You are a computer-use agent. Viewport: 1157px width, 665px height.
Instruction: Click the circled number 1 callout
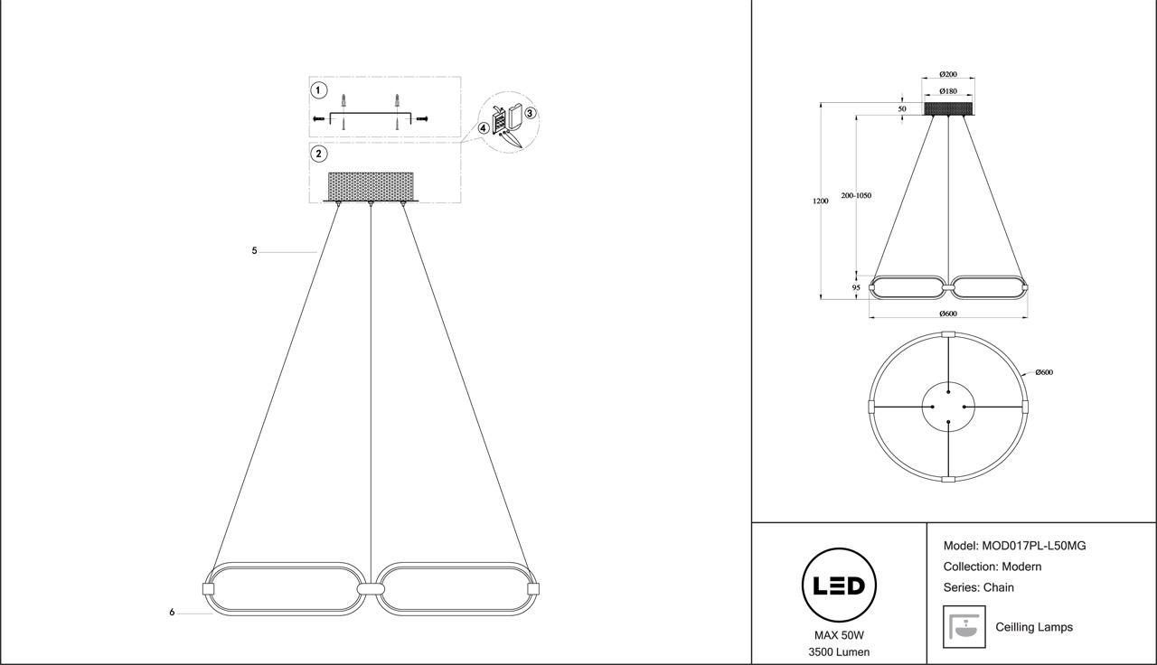point(318,90)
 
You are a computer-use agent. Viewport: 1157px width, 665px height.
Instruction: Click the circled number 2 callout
point(318,154)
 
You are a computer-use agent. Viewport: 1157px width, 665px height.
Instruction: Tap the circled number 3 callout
point(531,113)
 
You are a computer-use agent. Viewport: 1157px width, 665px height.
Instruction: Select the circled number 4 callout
point(484,128)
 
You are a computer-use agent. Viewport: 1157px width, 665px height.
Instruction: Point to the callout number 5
point(255,250)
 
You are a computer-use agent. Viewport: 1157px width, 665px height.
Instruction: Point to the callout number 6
point(172,613)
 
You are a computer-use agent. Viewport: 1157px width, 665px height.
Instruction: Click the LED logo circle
point(839,585)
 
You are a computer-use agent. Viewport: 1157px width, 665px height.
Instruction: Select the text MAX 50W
point(839,635)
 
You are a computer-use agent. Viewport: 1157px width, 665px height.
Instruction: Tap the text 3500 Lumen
point(839,652)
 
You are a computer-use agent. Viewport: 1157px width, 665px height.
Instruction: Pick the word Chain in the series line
point(999,587)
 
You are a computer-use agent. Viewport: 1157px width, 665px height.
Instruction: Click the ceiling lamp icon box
point(964,626)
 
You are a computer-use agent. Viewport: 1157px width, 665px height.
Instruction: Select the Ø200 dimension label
point(948,74)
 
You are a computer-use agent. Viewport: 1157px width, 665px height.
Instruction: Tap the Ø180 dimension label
point(948,91)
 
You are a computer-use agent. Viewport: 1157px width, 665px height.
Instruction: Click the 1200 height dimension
point(820,201)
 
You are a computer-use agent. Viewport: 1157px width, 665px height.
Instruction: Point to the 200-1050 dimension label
point(856,195)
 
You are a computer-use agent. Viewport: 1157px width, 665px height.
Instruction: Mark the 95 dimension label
point(856,287)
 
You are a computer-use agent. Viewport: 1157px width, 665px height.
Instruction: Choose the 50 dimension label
point(901,108)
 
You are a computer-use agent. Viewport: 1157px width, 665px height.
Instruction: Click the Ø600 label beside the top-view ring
point(1044,372)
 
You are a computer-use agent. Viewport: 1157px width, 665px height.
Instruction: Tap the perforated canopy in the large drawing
point(371,186)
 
